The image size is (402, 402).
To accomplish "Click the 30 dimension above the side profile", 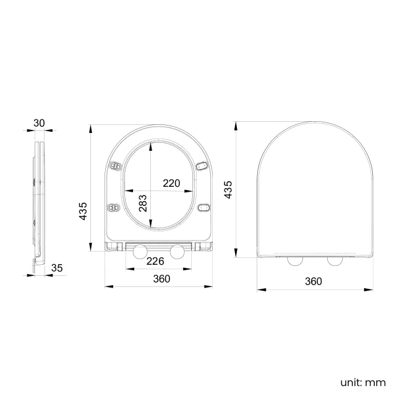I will (x=39, y=122).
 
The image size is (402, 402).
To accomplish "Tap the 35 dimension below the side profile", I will (x=57, y=268).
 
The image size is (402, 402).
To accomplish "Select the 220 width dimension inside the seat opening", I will (x=171, y=183).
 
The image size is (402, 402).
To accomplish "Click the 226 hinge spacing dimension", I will (x=155, y=261).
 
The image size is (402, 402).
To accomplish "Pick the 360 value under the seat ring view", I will (x=161, y=279).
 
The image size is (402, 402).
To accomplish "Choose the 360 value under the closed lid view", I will (x=314, y=281).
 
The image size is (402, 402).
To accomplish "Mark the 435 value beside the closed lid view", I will (x=228, y=189).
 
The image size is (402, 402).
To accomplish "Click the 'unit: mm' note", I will (x=362, y=382).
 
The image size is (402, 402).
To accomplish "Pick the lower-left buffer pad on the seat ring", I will (x=114, y=208).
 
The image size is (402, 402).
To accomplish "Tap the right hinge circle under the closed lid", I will (x=335, y=261).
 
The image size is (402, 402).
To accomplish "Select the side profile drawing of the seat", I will (x=38, y=204).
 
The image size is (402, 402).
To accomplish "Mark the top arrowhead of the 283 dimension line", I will (x=152, y=146).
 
